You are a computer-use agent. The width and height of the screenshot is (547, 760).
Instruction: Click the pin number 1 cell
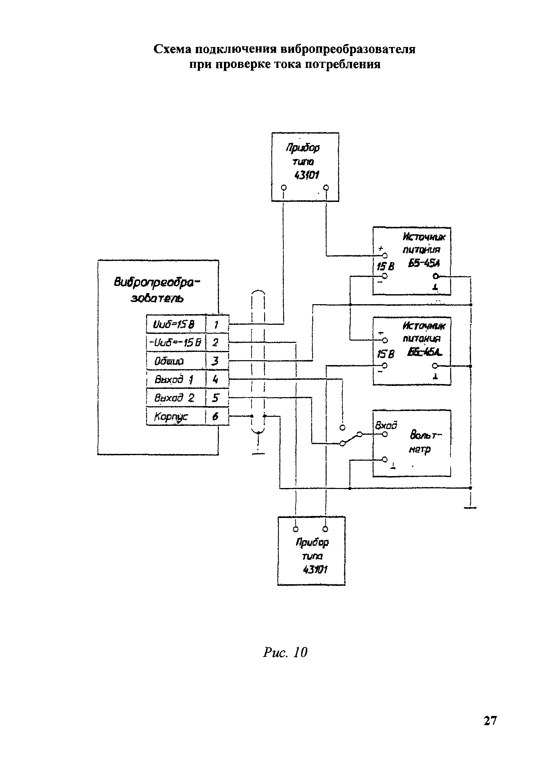click(x=217, y=324)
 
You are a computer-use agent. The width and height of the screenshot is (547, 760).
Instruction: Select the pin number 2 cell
click(x=217, y=342)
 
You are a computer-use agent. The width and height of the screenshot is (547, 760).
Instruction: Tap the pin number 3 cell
click(x=217, y=361)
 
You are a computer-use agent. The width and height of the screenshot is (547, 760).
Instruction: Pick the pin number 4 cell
click(x=217, y=379)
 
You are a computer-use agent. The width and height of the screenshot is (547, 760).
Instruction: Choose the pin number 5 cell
click(x=217, y=398)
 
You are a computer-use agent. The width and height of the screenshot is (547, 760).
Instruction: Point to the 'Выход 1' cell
click(x=175, y=379)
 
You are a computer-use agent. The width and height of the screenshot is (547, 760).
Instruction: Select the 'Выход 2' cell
click(x=175, y=398)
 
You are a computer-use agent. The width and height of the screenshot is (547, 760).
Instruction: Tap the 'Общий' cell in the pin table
click(x=175, y=361)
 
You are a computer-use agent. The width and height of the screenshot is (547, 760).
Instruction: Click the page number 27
click(x=490, y=720)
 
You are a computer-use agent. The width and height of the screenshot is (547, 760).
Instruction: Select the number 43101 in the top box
click(x=307, y=175)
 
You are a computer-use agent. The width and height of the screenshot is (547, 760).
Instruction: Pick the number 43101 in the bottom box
click(x=315, y=569)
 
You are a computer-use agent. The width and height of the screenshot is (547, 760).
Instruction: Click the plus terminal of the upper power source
click(x=385, y=256)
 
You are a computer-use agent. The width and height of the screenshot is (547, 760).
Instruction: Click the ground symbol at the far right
click(x=470, y=507)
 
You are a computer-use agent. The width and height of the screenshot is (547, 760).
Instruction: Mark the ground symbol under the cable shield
click(x=258, y=453)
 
